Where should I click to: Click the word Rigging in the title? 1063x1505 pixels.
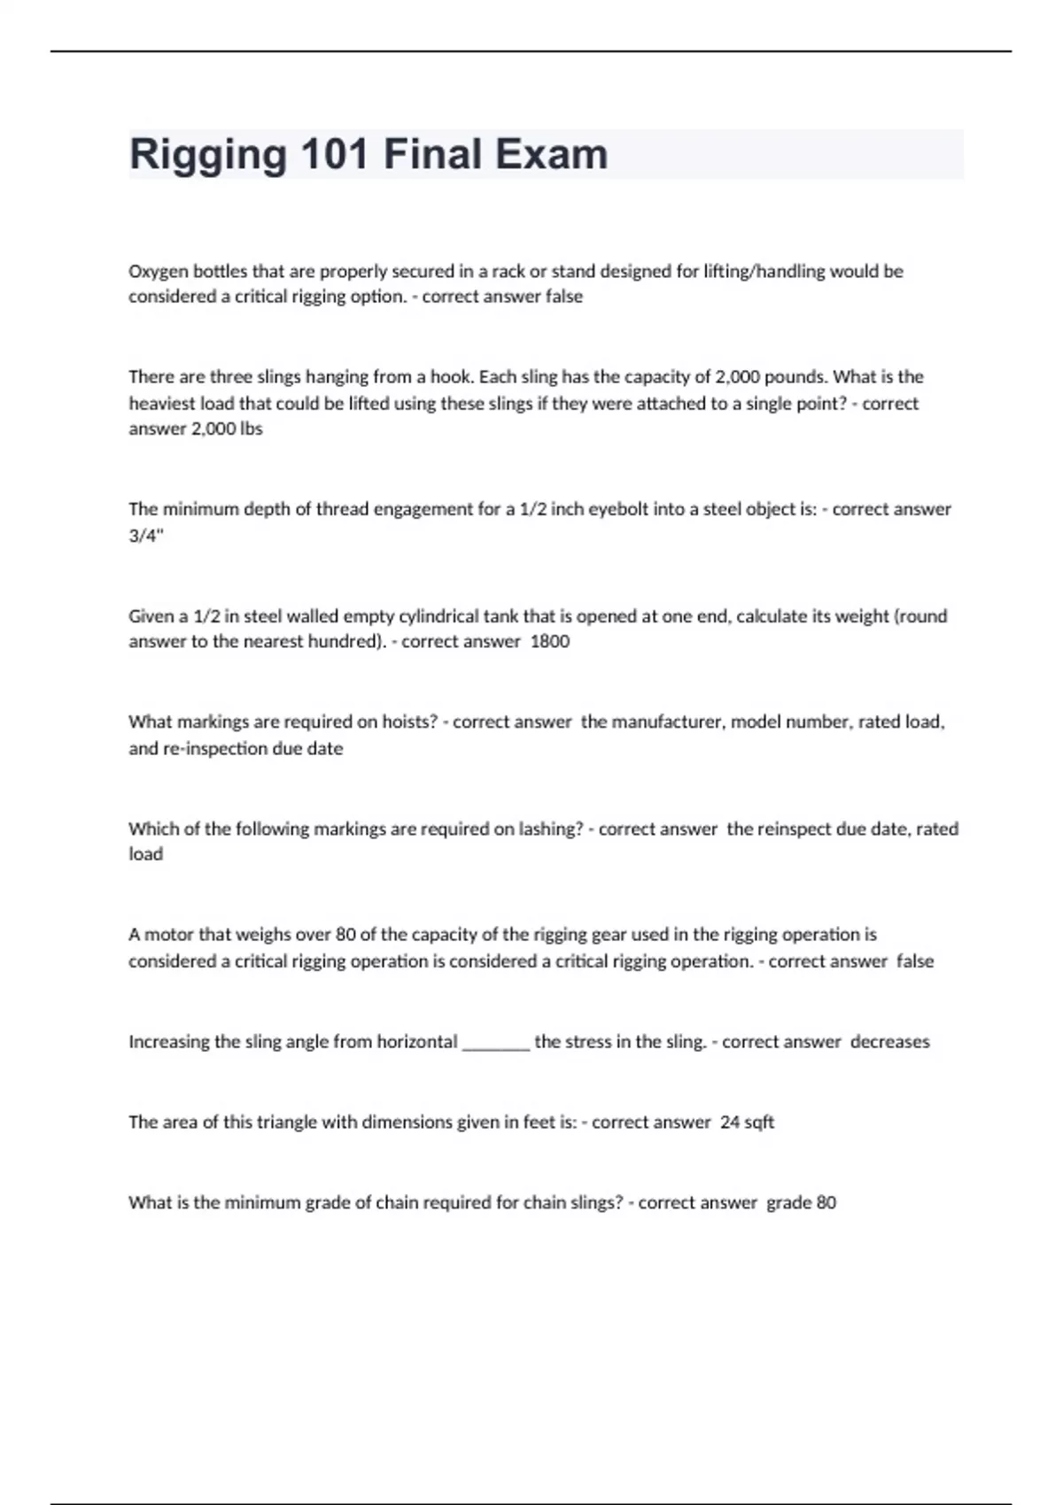point(207,155)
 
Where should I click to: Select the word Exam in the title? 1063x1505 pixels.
point(550,155)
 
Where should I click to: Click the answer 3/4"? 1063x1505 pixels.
point(146,536)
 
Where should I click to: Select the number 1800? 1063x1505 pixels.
point(549,642)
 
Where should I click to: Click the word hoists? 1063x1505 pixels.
point(410,722)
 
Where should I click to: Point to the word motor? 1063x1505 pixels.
point(168,935)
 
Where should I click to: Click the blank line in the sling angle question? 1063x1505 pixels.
point(496,1043)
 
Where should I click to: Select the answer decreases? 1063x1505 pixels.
point(889,1042)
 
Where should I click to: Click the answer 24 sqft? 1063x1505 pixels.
point(747,1123)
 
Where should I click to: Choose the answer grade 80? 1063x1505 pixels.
point(801,1203)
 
